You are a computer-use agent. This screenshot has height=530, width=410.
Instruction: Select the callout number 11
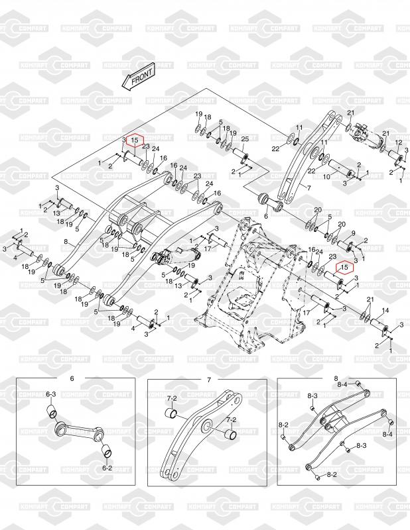(x=299, y=127)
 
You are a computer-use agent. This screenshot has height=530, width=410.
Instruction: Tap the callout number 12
(x=399, y=143)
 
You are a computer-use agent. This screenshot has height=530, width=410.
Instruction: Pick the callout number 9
(x=353, y=233)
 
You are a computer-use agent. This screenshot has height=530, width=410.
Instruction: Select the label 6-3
(x=50, y=394)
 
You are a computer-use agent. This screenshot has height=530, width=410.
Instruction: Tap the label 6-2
(x=107, y=468)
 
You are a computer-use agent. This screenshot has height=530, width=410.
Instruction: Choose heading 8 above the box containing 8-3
(x=336, y=378)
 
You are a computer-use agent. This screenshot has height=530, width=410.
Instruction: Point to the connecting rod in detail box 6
(x=78, y=432)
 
